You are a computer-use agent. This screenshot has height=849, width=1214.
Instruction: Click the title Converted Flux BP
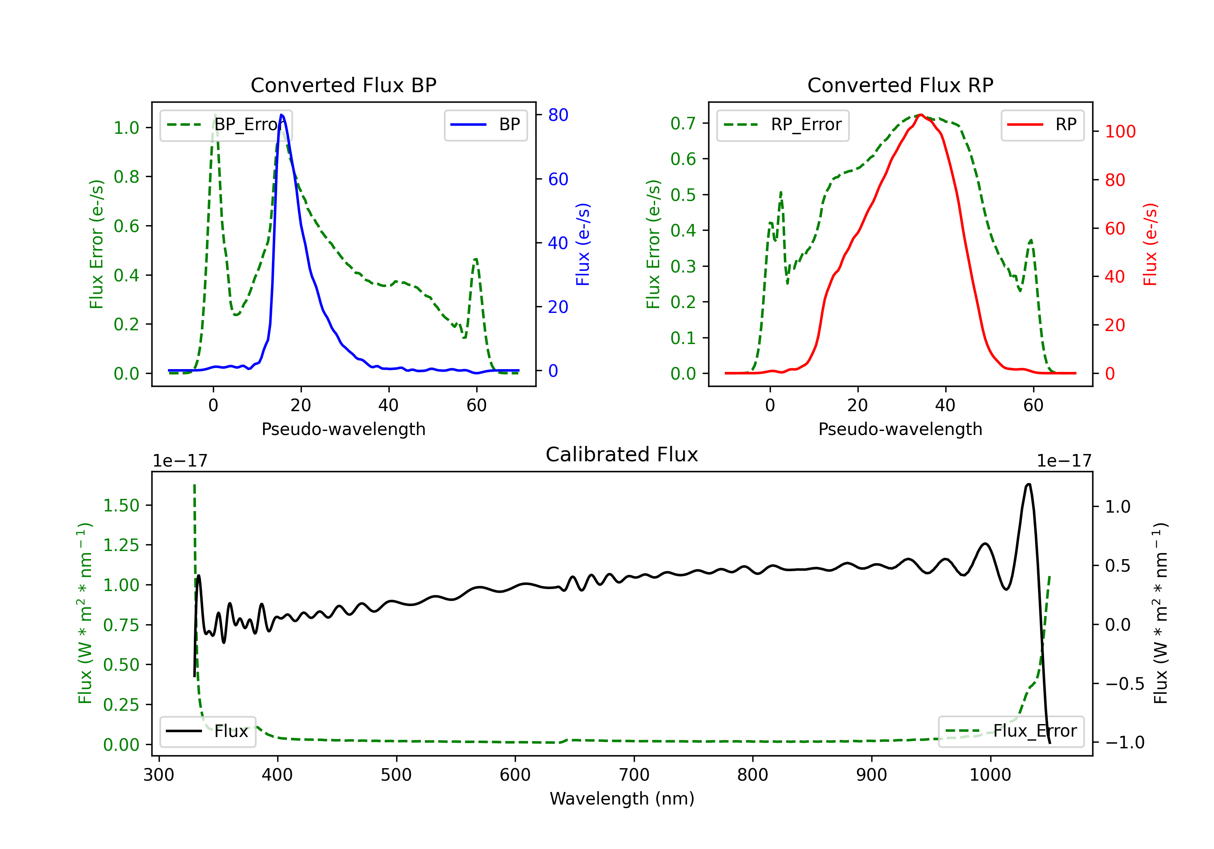[344, 85]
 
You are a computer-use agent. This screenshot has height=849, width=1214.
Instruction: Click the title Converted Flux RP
[900, 85]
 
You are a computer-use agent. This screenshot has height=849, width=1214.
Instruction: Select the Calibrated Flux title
[622, 454]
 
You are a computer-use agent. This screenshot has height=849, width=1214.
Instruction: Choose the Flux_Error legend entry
[1011, 731]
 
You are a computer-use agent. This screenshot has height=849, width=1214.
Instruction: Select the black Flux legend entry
[208, 731]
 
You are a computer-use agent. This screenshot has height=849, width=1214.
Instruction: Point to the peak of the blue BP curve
[281, 115]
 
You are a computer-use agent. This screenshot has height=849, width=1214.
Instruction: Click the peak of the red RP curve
[921, 115]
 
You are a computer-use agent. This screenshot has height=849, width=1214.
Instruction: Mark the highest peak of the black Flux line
[1028, 484]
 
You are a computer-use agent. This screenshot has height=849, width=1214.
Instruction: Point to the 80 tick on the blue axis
[558, 115]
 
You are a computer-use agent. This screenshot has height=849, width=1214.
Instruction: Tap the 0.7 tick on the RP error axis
[683, 123]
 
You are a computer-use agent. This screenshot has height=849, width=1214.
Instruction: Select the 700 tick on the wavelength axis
[634, 775]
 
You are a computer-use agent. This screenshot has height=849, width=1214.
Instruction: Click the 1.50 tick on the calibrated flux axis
[121, 506]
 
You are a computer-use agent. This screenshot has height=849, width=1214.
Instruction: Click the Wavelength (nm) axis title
[622, 799]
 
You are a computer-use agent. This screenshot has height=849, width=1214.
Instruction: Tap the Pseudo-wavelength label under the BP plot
[344, 429]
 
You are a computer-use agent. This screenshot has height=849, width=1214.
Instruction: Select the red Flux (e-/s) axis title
[1150, 244]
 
